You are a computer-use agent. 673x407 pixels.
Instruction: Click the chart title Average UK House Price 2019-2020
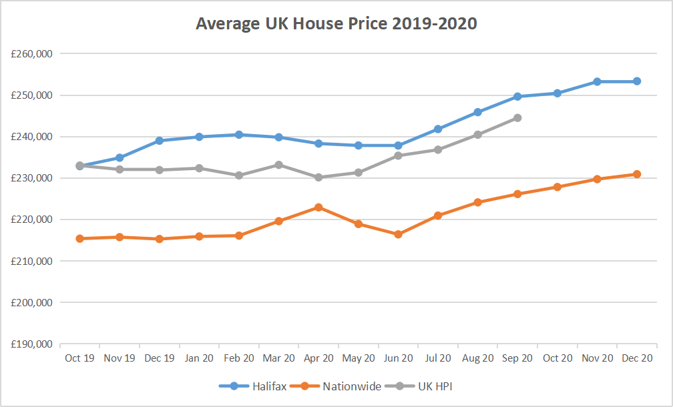point(336,23)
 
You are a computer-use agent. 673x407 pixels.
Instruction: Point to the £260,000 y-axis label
point(32,53)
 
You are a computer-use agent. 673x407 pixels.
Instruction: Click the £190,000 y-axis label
point(32,344)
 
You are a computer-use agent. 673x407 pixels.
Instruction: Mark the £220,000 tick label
point(32,220)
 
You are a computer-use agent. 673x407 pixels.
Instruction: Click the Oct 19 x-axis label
point(79,358)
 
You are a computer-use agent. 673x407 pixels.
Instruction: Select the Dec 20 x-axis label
point(637,358)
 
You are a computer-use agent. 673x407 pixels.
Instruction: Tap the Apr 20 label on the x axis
point(318,358)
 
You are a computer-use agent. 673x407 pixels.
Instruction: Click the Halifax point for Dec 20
point(637,81)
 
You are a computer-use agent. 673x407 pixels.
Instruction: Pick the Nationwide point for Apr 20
point(318,208)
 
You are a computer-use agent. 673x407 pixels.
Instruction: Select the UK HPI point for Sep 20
point(517,118)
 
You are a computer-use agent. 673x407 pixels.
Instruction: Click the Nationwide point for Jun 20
point(398,234)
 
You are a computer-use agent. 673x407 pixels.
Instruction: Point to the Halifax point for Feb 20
point(239,135)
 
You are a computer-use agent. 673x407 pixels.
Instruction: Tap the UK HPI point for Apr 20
point(318,177)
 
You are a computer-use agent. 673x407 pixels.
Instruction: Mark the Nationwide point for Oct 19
point(79,238)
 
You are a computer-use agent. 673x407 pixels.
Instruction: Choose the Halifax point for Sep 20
point(517,97)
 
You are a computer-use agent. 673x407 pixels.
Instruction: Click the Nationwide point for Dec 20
point(637,174)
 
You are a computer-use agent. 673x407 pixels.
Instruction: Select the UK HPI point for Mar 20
point(278,165)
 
